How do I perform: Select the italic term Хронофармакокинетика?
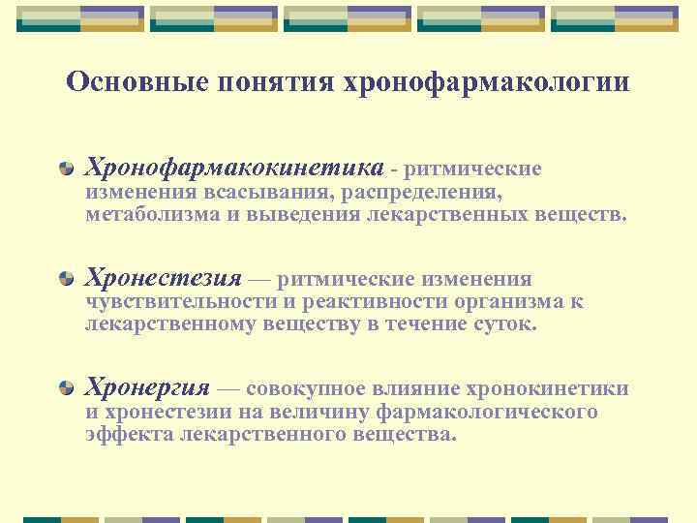[x=234, y=169]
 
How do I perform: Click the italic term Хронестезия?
[x=164, y=279]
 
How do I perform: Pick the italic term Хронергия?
[x=147, y=389]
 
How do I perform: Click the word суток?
[x=503, y=324]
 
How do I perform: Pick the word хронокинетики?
[x=548, y=389]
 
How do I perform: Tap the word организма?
[x=508, y=302]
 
